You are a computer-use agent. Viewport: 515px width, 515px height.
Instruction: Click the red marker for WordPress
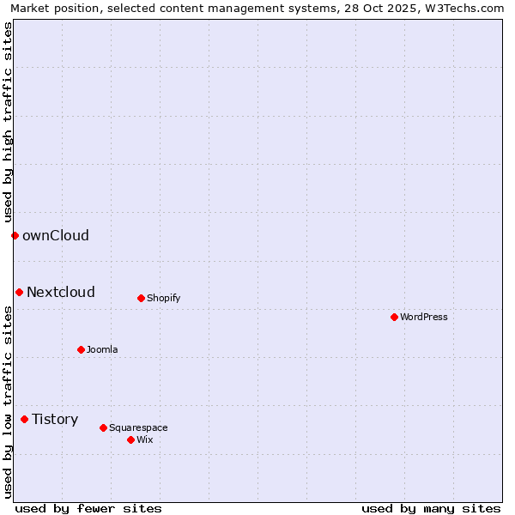[394, 317]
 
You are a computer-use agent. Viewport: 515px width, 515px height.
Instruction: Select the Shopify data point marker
[141, 298]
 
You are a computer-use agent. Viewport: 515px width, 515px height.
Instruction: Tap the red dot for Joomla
[81, 349]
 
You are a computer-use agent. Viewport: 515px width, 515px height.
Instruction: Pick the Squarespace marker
[103, 427]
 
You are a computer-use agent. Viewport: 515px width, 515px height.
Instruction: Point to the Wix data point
[130, 439]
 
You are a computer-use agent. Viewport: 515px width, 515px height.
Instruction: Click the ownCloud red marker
[15, 235]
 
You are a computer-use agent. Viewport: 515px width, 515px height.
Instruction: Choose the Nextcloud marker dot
[19, 292]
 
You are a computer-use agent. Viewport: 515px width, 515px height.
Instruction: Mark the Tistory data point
[24, 419]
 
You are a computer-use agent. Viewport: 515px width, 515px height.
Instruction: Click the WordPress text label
[424, 317]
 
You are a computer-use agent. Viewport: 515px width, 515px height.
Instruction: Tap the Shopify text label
[163, 298]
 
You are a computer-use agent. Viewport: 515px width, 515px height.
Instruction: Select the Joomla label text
[102, 349]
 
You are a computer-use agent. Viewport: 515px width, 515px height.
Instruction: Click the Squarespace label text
[138, 427]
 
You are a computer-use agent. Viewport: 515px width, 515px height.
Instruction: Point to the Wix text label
[144, 439]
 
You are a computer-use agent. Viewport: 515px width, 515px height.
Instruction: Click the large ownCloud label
[56, 235]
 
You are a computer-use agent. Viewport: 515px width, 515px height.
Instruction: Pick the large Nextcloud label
[61, 292]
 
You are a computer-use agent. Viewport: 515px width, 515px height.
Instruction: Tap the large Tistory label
[55, 419]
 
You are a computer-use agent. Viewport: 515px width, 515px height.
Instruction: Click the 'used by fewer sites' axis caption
[88, 508]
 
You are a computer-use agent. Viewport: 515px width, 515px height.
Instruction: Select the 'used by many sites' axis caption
[431, 508]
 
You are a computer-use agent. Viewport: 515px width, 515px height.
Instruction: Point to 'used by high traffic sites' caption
[8, 121]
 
